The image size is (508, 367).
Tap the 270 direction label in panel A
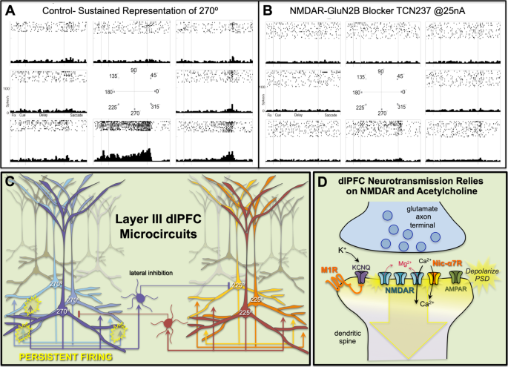tap(133, 113)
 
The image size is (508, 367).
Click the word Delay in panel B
tap(299, 116)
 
